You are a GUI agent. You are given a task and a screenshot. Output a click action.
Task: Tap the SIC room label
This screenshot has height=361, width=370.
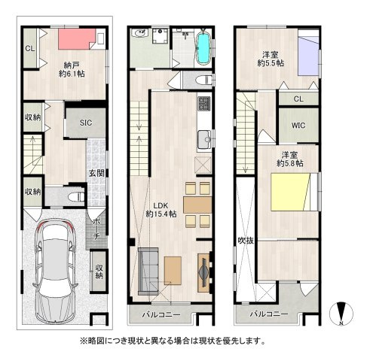[x=86, y=123]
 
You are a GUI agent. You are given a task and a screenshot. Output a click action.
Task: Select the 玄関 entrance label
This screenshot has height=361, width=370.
[x=96, y=173]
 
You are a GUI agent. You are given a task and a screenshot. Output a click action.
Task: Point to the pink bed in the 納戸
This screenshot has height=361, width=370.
[x=77, y=39]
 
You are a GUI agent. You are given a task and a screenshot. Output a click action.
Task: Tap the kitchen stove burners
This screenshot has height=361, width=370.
[x=203, y=104]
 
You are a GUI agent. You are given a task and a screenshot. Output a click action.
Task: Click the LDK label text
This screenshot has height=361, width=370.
[x=161, y=205]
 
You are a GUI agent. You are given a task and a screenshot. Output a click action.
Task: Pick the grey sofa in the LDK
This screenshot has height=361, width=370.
[x=148, y=272]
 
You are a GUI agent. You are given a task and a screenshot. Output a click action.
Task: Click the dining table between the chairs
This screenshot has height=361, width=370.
[x=197, y=205]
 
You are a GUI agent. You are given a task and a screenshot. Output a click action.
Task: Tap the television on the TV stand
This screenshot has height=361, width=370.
[x=203, y=272]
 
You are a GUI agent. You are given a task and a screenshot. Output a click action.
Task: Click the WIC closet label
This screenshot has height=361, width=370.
[x=298, y=125]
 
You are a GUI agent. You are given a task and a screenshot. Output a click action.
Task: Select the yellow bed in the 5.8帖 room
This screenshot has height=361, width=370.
[x=292, y=192]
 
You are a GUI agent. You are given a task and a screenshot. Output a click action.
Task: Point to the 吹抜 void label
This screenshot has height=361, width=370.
[x=246, y=241]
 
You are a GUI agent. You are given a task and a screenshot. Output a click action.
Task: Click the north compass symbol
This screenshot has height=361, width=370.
[x=341, y=314]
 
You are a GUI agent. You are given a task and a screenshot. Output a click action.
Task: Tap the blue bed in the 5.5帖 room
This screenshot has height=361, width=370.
[x=308, y=56]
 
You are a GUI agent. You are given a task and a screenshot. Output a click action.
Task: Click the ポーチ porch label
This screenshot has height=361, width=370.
[x=96, y=229]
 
